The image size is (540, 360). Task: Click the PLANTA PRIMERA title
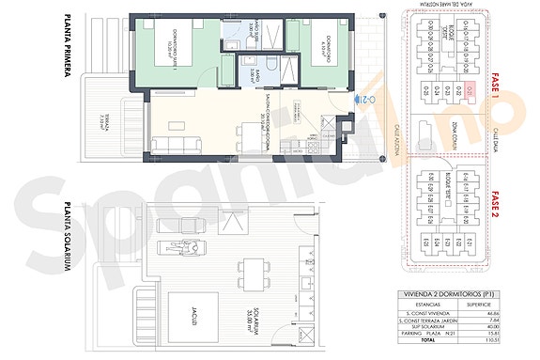coord(68,46)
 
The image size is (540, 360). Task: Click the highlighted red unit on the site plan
coord(471,91)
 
